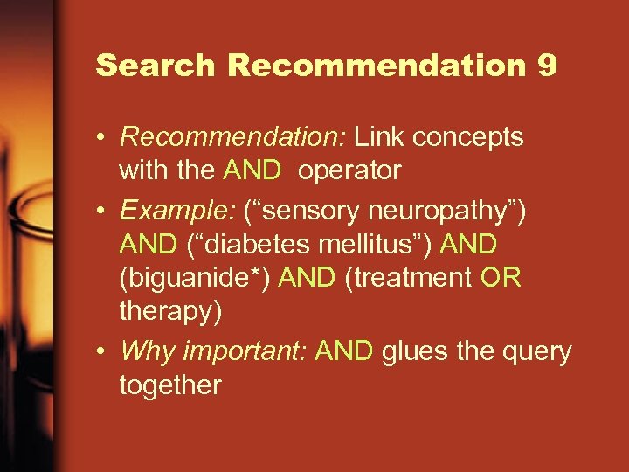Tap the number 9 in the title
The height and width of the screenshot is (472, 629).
click(548, 66)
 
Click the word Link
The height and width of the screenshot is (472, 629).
click(381, 136)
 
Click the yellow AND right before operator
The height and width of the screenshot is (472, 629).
click(252, 170)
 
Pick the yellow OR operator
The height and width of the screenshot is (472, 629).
click(501, 278)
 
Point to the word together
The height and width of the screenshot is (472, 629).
click(170, 385)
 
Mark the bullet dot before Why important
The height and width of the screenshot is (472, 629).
click(103, 352)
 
